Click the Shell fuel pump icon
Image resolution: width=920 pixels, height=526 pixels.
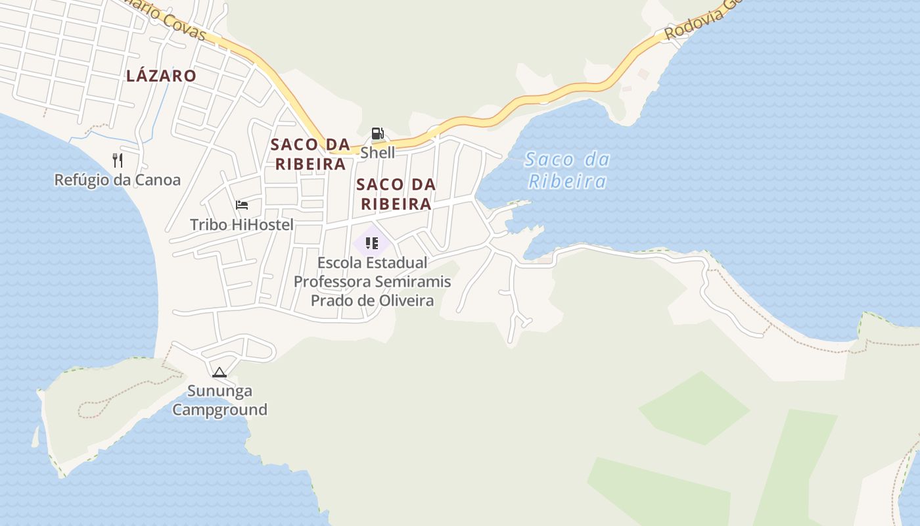coord(377,133)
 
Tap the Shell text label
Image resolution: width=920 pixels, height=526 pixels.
coord(378,153)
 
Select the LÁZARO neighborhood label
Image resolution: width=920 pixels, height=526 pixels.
coord(161,76)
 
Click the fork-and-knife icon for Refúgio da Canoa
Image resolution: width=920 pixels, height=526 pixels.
coord(118,160)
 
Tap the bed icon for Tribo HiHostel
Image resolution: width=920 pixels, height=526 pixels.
coord(242,205)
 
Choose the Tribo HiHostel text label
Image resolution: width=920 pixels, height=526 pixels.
coord(241,225)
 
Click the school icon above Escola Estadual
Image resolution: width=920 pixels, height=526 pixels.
coord(372,244)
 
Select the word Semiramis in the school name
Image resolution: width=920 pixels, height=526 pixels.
coord(415,281)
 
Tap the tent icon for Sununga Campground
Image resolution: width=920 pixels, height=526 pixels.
coord(219,372)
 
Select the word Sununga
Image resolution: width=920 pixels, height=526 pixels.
coord(219,391)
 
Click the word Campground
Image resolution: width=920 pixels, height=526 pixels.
coord(219,410)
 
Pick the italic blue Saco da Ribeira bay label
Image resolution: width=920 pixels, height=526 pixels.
coord(568,170)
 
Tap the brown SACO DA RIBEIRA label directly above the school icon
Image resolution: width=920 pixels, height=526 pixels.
coord(396,194)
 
